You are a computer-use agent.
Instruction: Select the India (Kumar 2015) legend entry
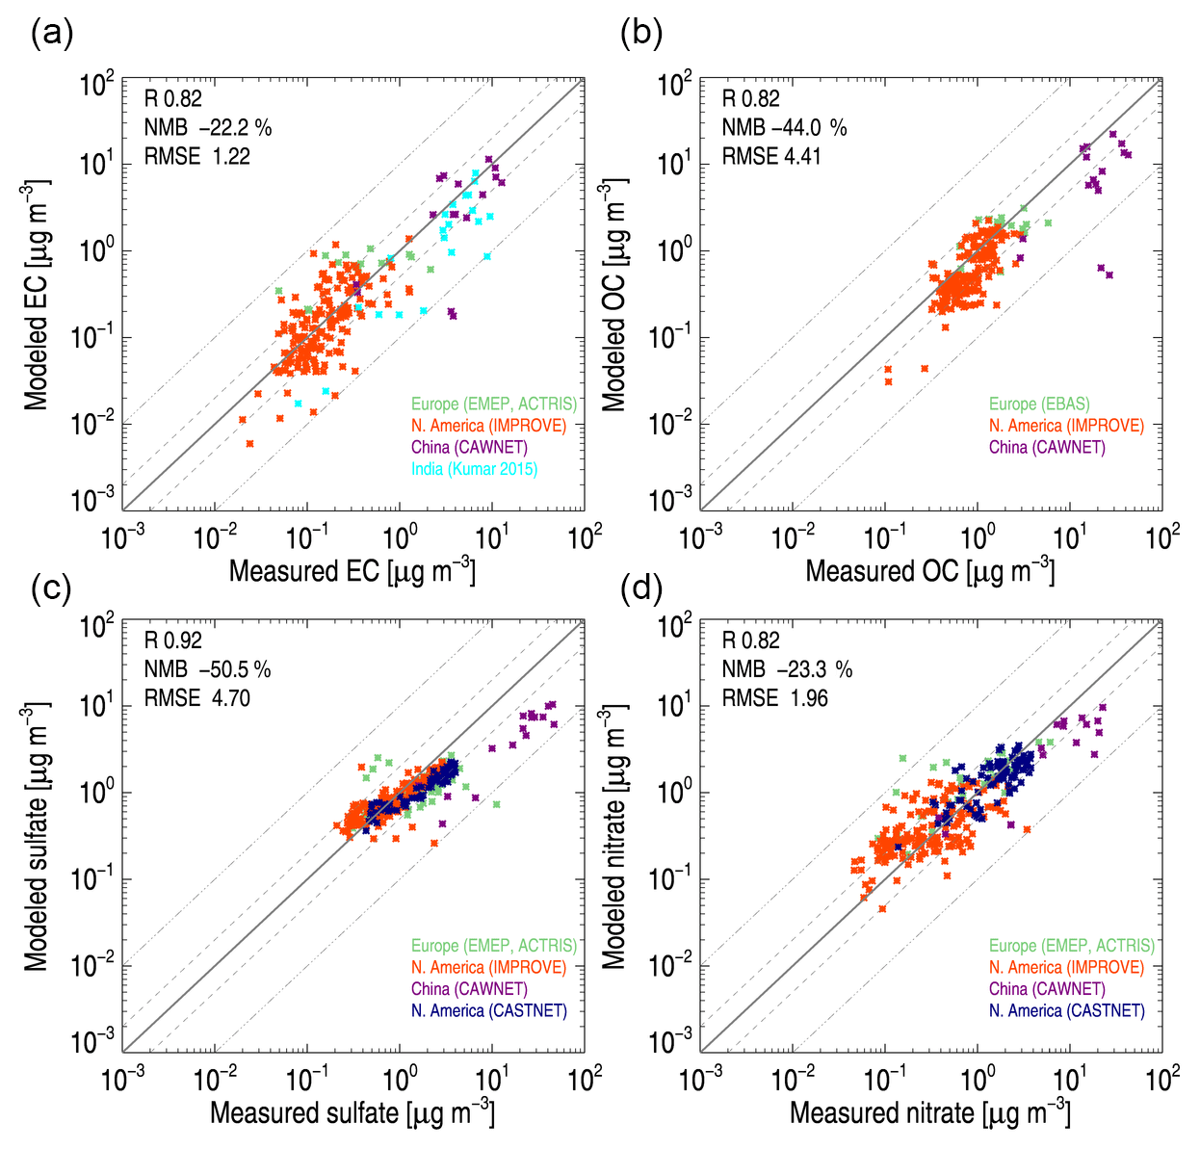pos(474,469)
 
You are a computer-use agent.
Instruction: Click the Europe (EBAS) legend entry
pos(1039,405)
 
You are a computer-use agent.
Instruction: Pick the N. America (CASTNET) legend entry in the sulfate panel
pos(488,1010)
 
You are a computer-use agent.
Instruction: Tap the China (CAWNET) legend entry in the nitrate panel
pos(1047,989)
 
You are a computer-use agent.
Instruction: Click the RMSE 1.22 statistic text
pos(196,156)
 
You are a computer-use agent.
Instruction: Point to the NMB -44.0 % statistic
pos(784,127)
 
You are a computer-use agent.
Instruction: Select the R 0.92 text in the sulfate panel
pos(173,640)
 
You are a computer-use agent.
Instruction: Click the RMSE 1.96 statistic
pos(774,698)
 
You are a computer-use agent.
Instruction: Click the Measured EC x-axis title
pos(352,571)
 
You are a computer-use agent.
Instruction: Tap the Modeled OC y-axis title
pos(614,295)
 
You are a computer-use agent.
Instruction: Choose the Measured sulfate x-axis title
pos(352,1113)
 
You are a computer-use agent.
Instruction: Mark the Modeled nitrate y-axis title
pos(614,836)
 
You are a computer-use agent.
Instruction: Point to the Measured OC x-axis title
pos(929,571)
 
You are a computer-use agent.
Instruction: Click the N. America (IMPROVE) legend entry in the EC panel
pos(488,426)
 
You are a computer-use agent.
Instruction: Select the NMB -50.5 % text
pos(207,669)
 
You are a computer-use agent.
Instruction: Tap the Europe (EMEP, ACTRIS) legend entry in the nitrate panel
pos(1071,946)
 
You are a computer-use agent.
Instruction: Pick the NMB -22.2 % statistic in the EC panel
pos(207,127)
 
